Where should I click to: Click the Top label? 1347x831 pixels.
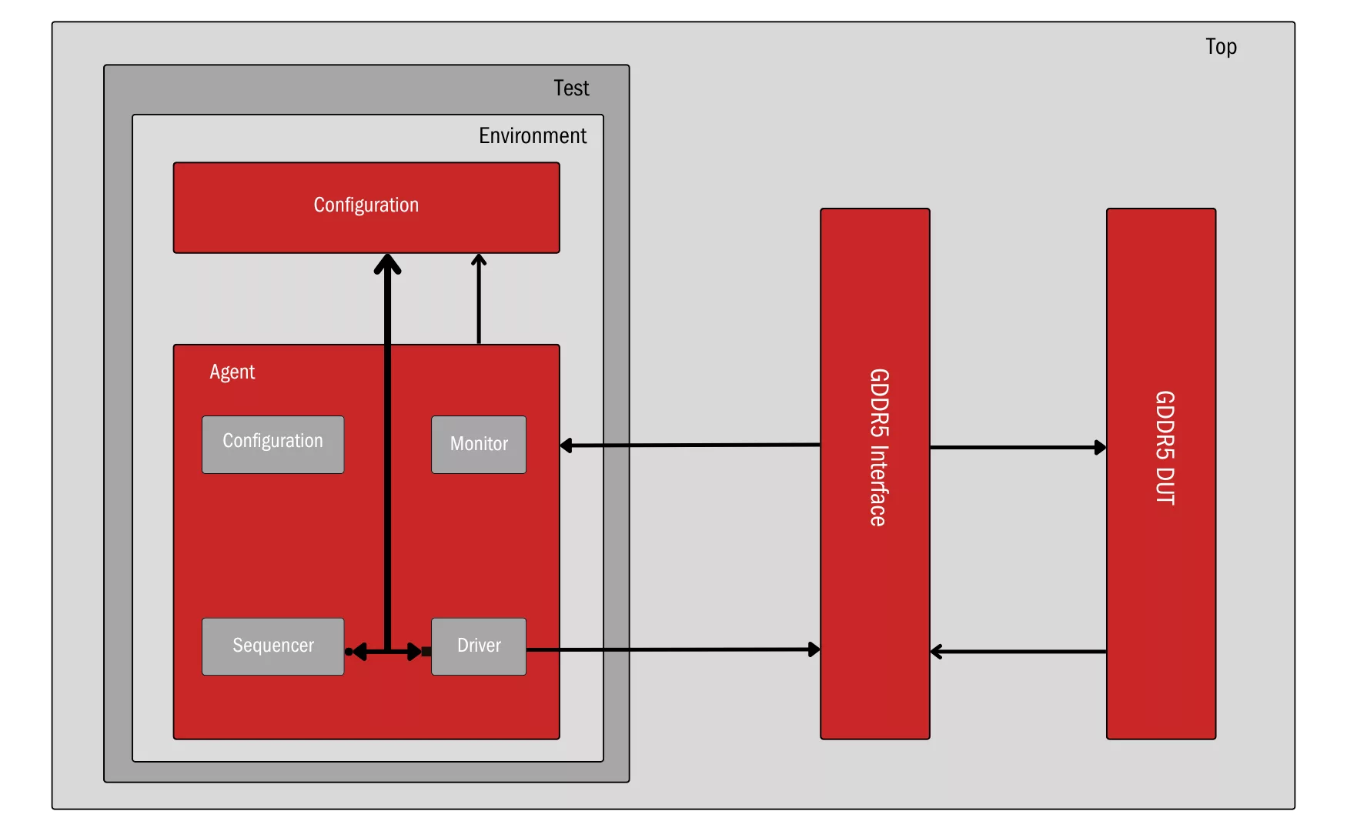[1221, 47]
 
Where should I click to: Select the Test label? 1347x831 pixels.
[571, 88]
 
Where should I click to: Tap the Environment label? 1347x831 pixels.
[533, 136]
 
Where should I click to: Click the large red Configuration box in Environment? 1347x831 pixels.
[366, 207]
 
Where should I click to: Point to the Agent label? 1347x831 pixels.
[232, 372]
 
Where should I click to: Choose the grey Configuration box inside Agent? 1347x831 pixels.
[272, 444]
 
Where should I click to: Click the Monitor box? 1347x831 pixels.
[479, 444]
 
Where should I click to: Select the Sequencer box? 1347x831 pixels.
[272, 646]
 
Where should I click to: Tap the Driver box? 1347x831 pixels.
[479, 646]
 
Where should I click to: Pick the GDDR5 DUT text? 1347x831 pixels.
[1164, 447]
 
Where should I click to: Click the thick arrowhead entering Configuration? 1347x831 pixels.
[387, 264]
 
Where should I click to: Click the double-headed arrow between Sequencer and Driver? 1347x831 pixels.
[387, 652]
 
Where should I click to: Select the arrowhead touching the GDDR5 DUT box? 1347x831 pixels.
[1101, 447]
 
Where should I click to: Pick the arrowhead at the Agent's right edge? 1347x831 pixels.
[567, 446]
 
